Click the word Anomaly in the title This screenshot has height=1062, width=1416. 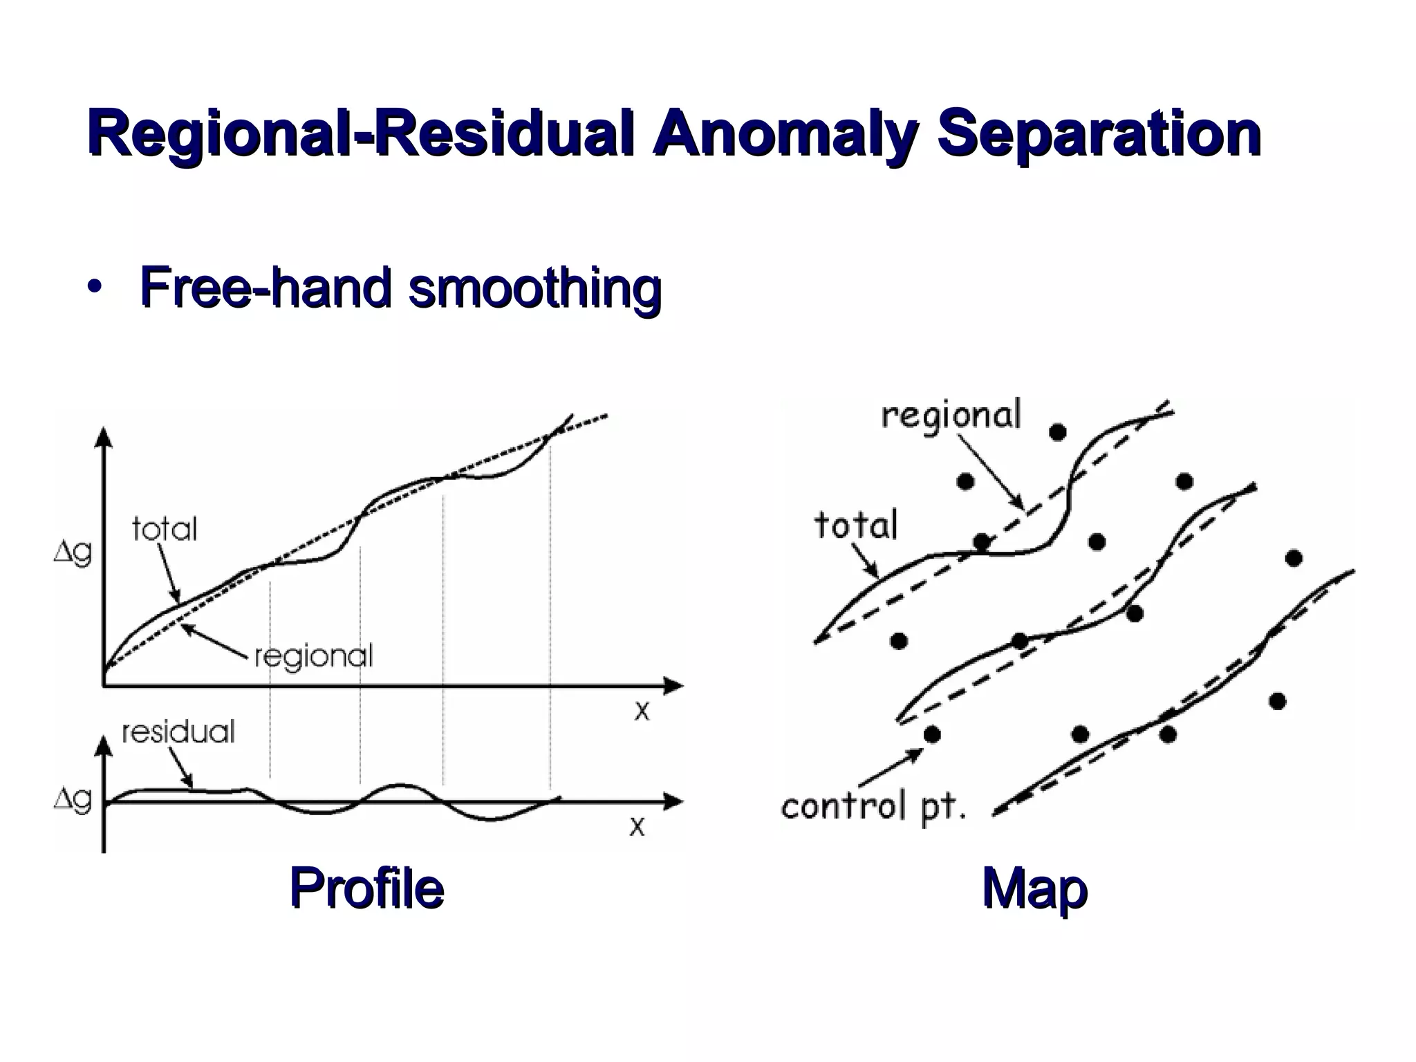pos(784,135)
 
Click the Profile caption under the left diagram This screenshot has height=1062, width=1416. pos(366,888)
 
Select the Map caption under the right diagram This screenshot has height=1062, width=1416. pos(1034,889)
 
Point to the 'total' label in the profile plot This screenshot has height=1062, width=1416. pos(165,530)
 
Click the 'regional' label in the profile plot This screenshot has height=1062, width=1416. pos(314,657)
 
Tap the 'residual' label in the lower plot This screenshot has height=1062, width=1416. pos(178,732)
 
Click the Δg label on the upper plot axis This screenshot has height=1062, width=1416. pos(73,554)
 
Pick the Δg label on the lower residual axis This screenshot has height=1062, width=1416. pos(73,800)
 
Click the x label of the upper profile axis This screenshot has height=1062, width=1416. pos(642,711)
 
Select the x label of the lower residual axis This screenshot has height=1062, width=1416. pos(637,826)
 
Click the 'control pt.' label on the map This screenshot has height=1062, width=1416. pos(873,807)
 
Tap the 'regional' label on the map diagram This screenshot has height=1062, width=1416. pos(951,416)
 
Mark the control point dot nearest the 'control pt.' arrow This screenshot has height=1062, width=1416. pos(932,734)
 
